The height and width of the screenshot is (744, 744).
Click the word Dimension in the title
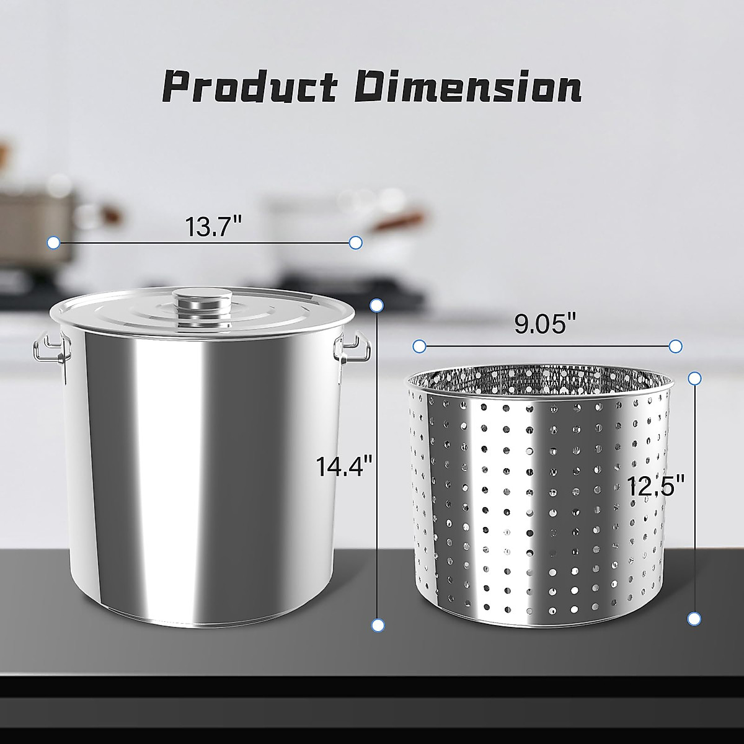(x=469, y=87)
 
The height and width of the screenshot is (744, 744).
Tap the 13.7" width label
(x=213, y=228)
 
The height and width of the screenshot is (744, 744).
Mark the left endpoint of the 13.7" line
(x=53, y=242)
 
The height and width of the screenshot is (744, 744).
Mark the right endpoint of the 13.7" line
(x=356, y=242)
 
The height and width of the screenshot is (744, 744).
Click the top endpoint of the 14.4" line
(x=376, y=304)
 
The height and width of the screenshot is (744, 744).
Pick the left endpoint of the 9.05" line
(x=420, y=345)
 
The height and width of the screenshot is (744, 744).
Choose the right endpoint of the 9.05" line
(x=676, y=345)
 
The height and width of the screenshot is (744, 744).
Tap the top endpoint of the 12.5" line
(x=695, y=378)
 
